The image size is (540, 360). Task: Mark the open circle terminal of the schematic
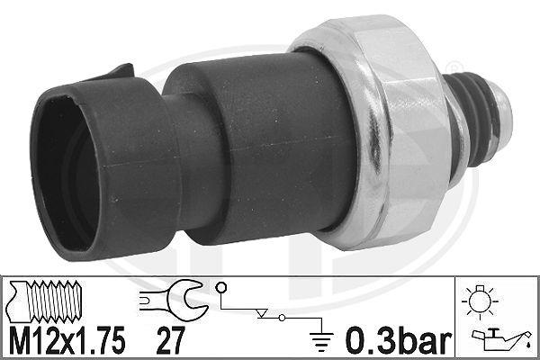pyautogui.click(x=220, y=289)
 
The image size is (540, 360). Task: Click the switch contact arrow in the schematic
pyautogui.click(x=263, y=314)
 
